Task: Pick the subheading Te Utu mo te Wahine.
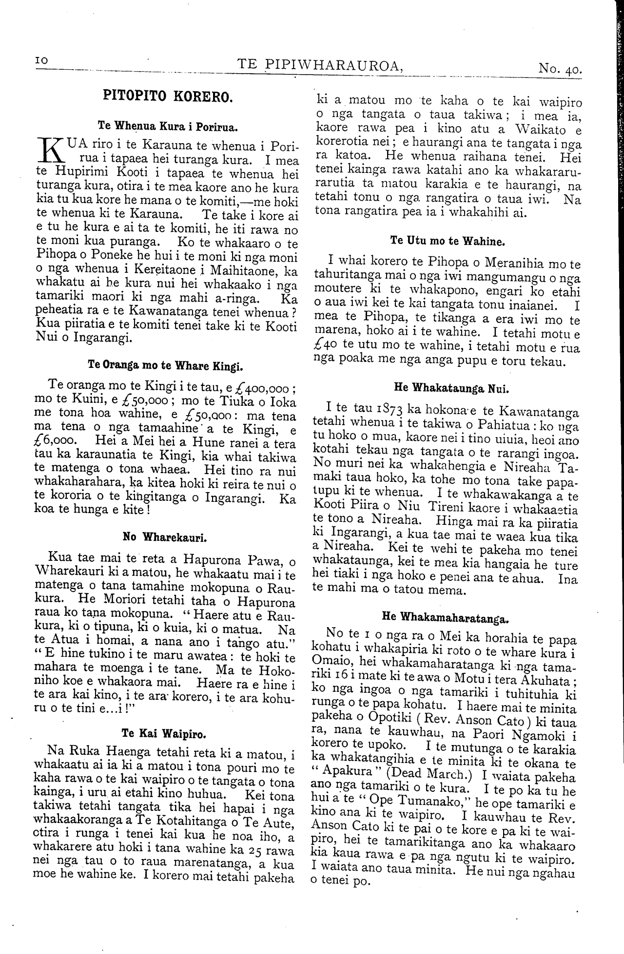click(447, 241)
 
